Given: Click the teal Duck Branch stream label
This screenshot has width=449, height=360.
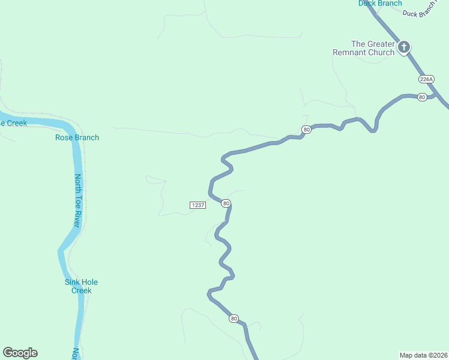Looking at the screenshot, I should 380,4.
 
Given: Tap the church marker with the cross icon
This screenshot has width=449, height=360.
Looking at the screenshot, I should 404,47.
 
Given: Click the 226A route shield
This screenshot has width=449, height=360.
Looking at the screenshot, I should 426,79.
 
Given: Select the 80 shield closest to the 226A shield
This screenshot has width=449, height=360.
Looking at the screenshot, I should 422,97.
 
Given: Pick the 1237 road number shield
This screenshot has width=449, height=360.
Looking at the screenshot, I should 198,205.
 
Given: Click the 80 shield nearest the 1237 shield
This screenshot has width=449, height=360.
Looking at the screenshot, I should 226,203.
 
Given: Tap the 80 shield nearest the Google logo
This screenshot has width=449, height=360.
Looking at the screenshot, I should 234,319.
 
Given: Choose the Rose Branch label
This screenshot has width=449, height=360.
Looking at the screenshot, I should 77,137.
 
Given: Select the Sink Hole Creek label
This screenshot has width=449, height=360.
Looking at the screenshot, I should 81,286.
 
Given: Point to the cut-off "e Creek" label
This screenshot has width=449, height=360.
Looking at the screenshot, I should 14,123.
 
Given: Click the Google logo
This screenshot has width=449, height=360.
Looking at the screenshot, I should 20,353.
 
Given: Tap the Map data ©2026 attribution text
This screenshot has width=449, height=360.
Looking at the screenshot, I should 423,355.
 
